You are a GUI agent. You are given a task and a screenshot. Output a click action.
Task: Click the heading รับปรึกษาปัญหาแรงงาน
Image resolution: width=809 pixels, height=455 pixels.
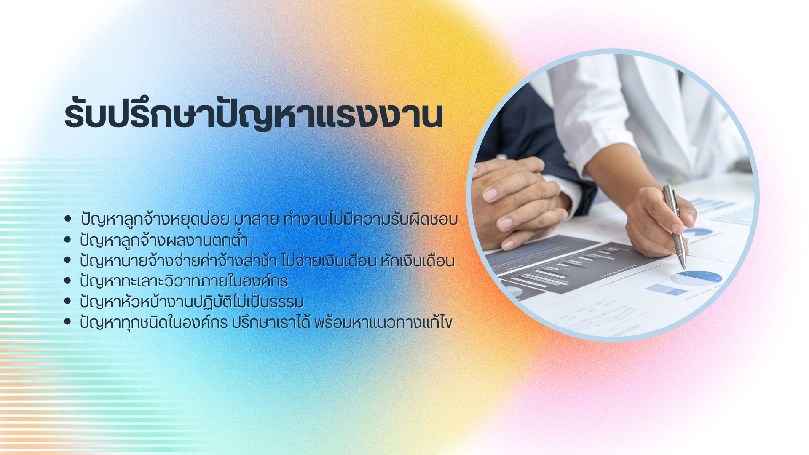254,115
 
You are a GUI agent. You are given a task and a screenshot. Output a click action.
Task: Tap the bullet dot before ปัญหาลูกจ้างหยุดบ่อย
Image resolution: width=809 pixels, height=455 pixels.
67,219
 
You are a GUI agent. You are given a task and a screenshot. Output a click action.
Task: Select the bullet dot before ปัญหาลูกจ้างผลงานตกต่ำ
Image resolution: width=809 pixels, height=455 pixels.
67,240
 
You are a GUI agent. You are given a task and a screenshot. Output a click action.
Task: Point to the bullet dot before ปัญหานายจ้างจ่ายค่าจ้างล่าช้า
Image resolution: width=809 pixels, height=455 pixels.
67,260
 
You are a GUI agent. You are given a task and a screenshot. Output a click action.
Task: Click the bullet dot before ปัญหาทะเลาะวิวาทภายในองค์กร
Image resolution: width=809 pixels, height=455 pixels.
67,281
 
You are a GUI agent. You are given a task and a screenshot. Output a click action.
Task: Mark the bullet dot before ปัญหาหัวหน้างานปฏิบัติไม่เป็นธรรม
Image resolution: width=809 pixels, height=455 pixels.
67,301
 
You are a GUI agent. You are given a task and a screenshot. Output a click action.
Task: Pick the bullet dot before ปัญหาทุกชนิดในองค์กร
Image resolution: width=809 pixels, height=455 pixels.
67,322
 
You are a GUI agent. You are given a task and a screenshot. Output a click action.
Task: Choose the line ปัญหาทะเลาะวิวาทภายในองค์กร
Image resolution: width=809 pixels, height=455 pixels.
184,281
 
